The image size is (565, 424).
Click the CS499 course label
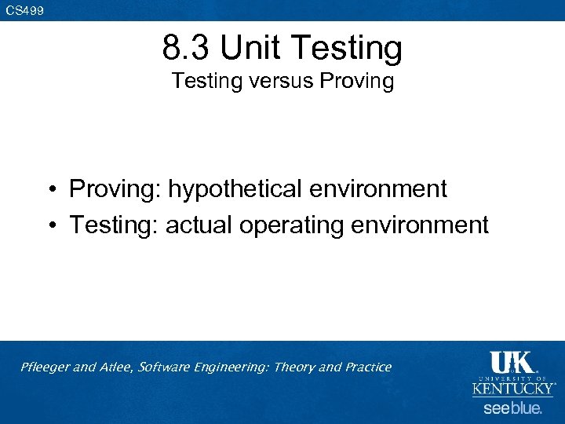point(24,10)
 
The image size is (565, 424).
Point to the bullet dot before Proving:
point(49,190)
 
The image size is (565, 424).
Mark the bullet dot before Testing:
point(49,226)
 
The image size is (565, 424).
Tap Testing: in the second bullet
point(114,226)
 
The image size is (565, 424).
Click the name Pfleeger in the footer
point(46,367)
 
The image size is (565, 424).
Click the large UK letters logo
point(512,362)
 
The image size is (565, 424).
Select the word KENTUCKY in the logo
point(513,389)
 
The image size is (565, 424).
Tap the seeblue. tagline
point(512,408)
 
